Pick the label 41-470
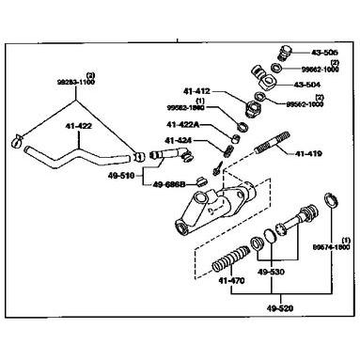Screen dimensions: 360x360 tap(230, 279)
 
